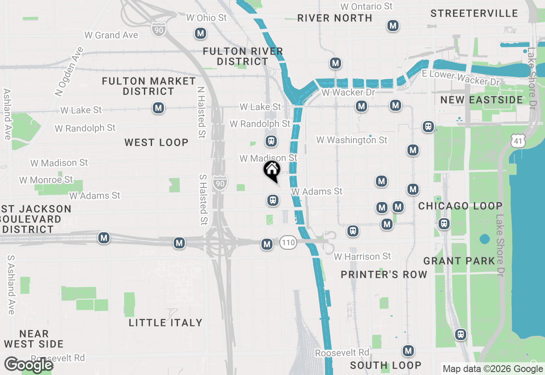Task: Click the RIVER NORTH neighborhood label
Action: point(335,18)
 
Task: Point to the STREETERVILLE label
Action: point(474,13)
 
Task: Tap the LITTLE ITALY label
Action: point(166,323)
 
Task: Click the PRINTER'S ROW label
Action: point(384,274)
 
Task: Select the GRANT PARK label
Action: point(459,261)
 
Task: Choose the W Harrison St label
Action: point(362,257)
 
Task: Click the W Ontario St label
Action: point(367,6)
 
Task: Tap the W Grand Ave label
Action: point(111,35)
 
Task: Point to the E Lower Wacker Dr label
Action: point(461,78)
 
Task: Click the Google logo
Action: point(29,365)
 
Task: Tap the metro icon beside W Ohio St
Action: point(201,33)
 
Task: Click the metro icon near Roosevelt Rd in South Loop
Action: point(408,351)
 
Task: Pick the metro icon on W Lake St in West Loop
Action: point(158,108)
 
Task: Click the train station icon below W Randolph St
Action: point(270,141)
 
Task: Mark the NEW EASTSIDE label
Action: point(482,100)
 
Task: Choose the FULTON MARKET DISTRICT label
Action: point(149,86)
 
